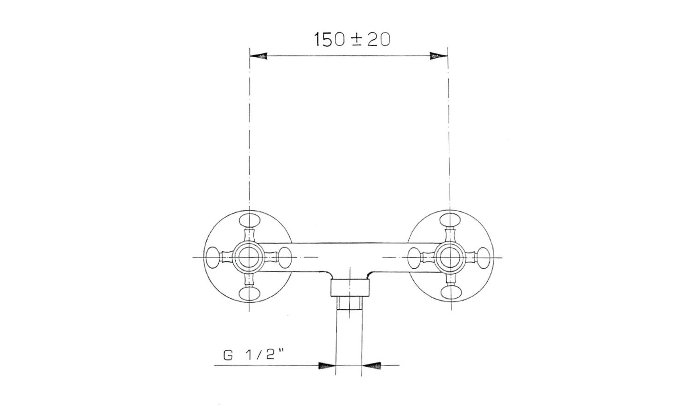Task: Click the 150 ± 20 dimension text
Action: tap(352, 40)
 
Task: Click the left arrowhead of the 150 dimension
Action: tap(258, 56)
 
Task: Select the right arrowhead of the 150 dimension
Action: tap(439, 56)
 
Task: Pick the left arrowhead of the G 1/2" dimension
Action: tap(327, 366)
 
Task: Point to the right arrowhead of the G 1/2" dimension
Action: tap(371, 366)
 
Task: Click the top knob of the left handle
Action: tap(250, 220)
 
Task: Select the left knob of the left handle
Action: tap(213, 257)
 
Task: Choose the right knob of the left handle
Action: tap(285, 257)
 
